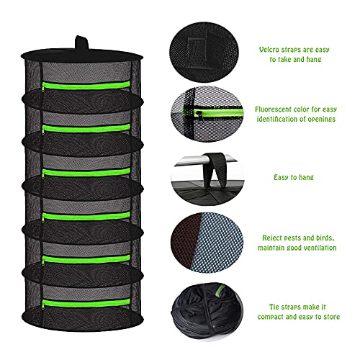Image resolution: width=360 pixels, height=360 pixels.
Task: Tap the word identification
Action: (x=284, y=121)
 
